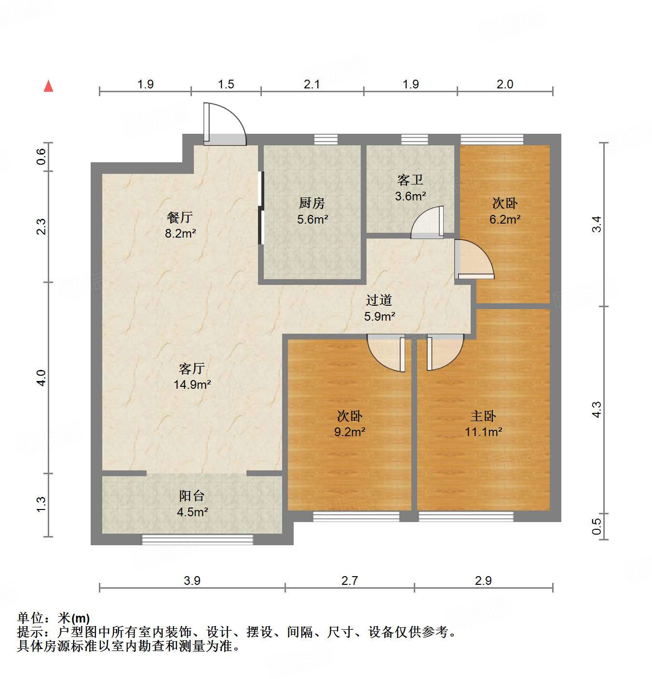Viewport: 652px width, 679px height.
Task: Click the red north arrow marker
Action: pyautogui.click(x=48, y=86)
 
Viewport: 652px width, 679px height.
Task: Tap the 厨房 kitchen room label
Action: pyautogui.click(x=312, y=203)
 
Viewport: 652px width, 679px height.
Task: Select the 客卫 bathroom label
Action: pyautogui.click(x=410, y=180)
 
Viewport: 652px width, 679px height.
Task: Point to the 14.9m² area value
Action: pyautogui.click(x=192, y=385)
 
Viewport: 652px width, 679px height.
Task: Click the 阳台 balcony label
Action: pyautogui.click(x=192, y=495)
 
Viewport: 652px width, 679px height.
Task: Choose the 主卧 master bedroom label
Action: pyautogui.click(x=483, y=416)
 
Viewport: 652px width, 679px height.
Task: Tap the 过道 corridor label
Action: pyautogui.click(x=379, y=300)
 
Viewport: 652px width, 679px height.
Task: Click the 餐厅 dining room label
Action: pyautogui.click(x=180, y=217)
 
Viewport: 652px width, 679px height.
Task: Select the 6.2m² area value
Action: pyautogui.click(x=505, y=219)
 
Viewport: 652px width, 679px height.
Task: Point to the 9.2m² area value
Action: pyautogui.click(x=350, y=432)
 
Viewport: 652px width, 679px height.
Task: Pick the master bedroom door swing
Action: pyautogui.click(x=444, y=353)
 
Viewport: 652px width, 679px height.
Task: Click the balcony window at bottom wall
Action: pyautogui.click(x=197, y=539)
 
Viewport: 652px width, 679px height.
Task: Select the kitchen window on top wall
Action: pyautogui.click(x=326, y=139)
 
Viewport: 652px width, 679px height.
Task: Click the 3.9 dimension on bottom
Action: pyautogui.click(x=192, y=580)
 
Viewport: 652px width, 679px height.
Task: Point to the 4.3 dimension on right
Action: pyautogui.click(x=597, y=410)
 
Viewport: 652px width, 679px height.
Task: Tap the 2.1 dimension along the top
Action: pyautogui.click(x=312, y=84)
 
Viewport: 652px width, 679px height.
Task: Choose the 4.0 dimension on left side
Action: pyautogui.click(x=41, y=377)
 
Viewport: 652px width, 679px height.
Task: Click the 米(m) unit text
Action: pyautogui.click(x=74, y=618)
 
